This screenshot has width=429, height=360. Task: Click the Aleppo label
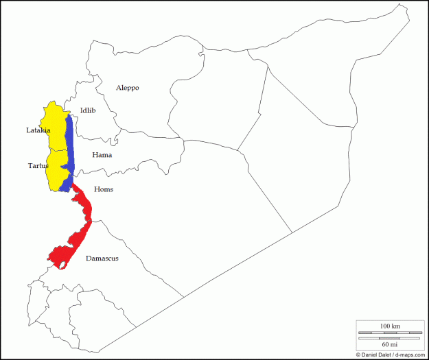[127, 88]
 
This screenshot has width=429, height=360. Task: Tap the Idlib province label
[88, 110]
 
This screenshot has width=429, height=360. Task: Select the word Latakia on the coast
[38, 130]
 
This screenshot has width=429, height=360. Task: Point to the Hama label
[102, 155]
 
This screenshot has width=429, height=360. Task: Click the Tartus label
[38, 165]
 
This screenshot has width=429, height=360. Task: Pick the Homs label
[103, 189]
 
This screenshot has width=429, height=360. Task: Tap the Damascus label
[102, 259]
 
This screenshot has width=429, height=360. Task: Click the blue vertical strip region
[69, 151]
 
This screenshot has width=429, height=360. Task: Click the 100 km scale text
[390, 324]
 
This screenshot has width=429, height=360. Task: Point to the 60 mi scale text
[390, 344]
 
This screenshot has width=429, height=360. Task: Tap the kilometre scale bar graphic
[390, 332]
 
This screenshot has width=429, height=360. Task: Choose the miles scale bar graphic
[390, 337]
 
